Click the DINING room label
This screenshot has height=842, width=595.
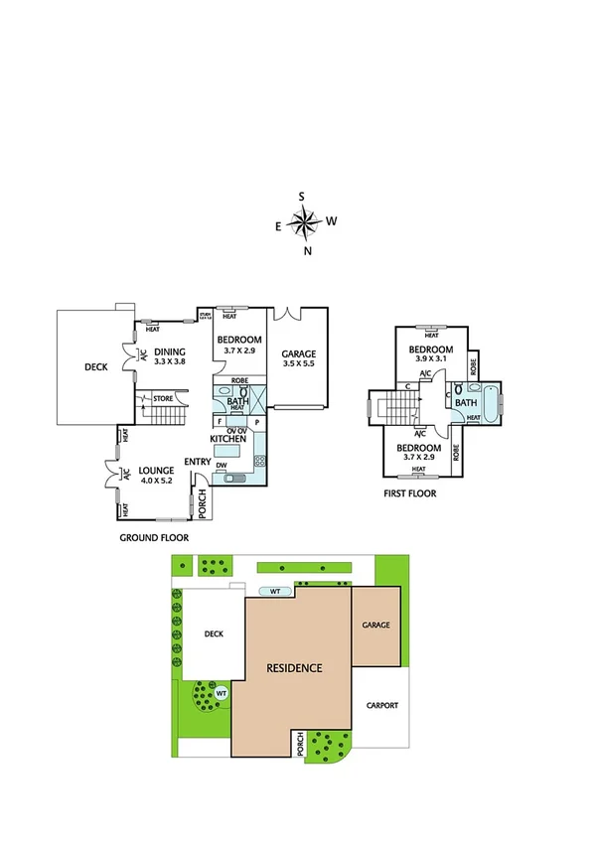[x=170, y=351]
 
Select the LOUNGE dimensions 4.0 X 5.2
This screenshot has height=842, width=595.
[x=156, y=481]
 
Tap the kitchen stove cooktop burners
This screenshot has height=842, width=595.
[x=260, y=460]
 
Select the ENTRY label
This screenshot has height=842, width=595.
[x=197, y=461]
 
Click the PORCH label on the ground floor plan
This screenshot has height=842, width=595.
[x=203, y=504]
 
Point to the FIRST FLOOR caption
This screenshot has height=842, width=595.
[x=409, y=492]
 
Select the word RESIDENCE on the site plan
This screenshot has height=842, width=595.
[x=294, y=667]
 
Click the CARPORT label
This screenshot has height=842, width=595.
[x=381, y=705]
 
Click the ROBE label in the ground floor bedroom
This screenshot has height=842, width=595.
[x=238, y=380]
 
